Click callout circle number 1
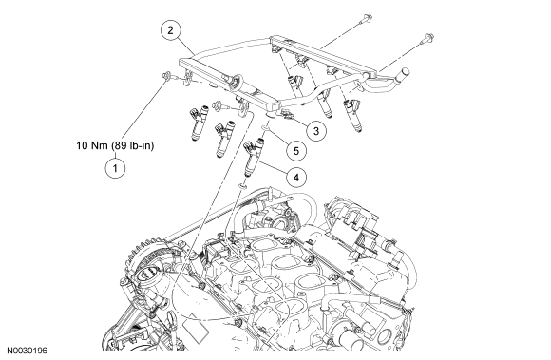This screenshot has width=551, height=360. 115,168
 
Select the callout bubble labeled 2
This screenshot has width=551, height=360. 170,30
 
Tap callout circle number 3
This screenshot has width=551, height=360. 316,131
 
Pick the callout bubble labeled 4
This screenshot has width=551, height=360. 295,178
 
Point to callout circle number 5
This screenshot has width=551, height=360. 295,151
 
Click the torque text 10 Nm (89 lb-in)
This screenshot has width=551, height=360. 115,145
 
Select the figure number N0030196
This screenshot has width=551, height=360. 28,351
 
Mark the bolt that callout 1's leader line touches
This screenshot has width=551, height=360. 166,75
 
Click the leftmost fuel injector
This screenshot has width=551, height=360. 199,123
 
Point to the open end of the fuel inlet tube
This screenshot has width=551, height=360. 404,72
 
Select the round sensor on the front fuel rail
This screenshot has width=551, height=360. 237,81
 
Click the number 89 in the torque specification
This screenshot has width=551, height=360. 121,145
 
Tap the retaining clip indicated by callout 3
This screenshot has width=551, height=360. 286,114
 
